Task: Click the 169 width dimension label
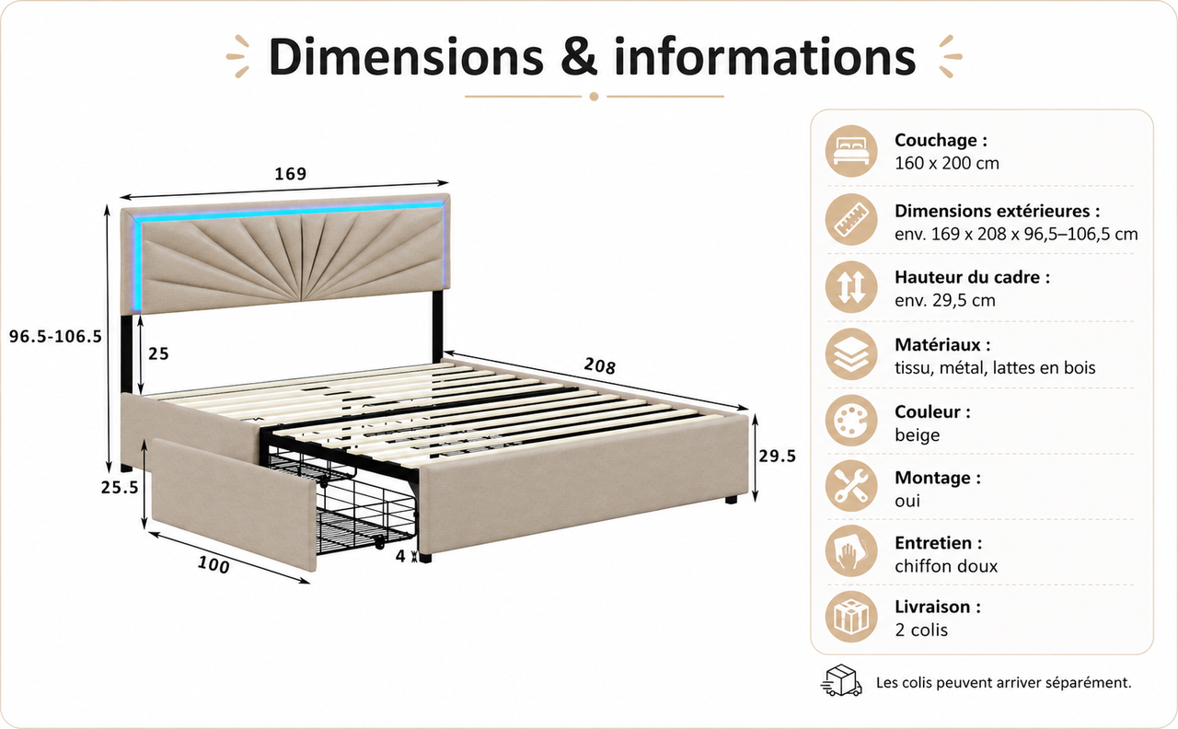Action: pos(290,174)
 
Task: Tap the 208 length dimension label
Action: pos(599,365)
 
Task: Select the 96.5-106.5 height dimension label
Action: pos(55,337)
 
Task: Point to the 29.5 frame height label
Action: pos(778,456)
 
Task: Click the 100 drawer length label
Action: pos(214,565)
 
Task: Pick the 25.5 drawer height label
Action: pos(120,488)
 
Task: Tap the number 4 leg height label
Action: pos(400,556)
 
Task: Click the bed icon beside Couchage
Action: pos(851,151)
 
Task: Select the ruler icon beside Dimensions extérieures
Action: pos(851,219)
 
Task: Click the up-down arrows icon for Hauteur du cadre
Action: pos(851,287)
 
